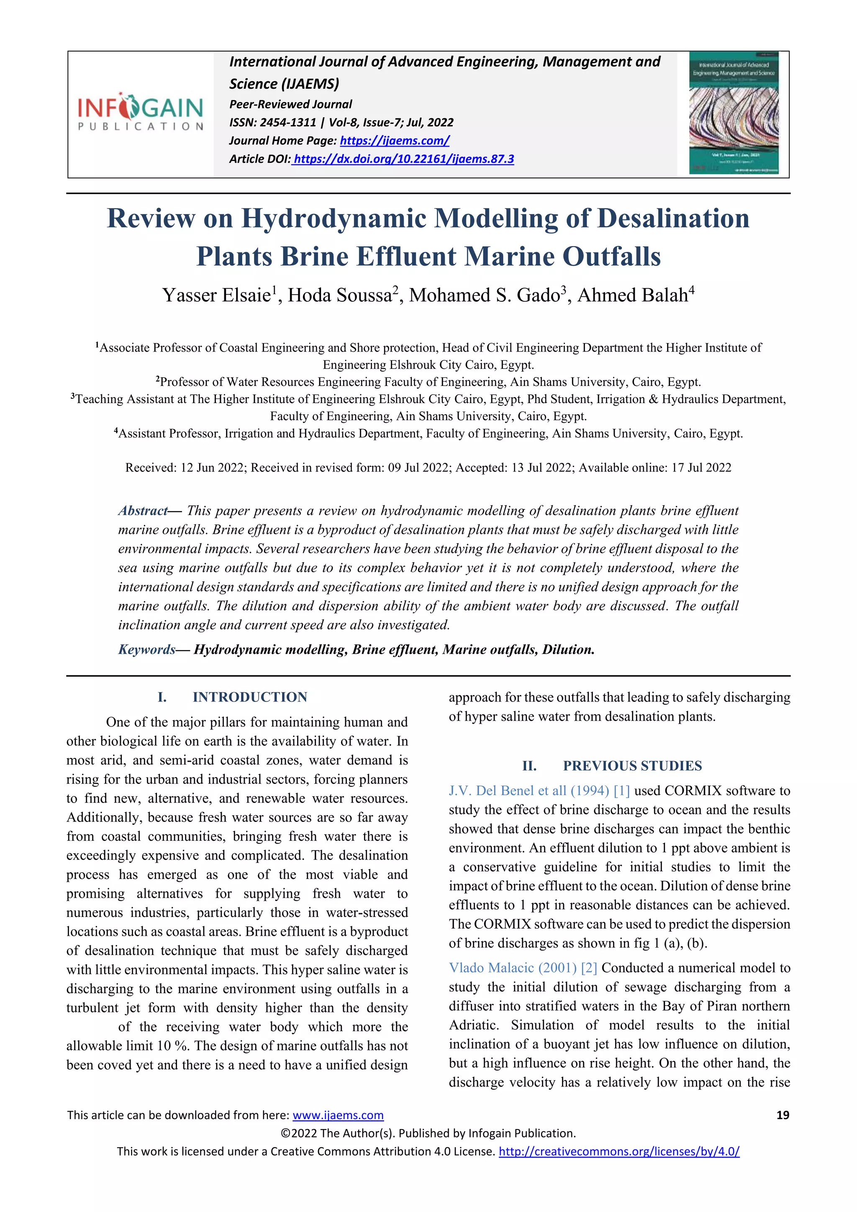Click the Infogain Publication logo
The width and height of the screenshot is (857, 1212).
140,112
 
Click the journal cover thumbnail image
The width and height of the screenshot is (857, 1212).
734,113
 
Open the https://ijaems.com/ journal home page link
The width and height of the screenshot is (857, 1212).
394,141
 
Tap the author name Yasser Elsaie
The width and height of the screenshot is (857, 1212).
216,295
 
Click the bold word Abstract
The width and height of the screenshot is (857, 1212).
142,511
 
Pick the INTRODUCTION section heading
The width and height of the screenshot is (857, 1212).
249,697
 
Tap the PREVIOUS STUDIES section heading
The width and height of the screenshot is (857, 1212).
632,765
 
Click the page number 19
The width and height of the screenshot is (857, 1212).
783,1115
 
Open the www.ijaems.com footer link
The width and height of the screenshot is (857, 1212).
338,1115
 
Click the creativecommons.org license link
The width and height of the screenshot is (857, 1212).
618,1151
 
